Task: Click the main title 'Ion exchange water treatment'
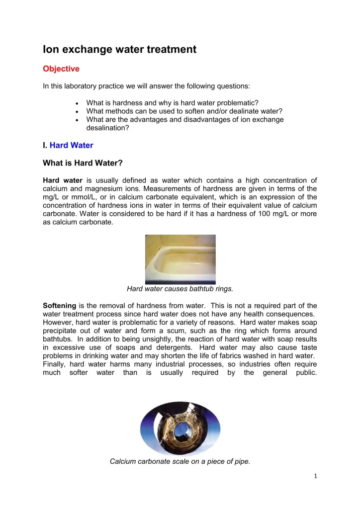coord(119,49)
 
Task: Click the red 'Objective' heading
coord(61,68)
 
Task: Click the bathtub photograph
coord(180,258)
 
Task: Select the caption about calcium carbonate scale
coord(180,461)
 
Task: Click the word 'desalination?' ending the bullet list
coord(106,128)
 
